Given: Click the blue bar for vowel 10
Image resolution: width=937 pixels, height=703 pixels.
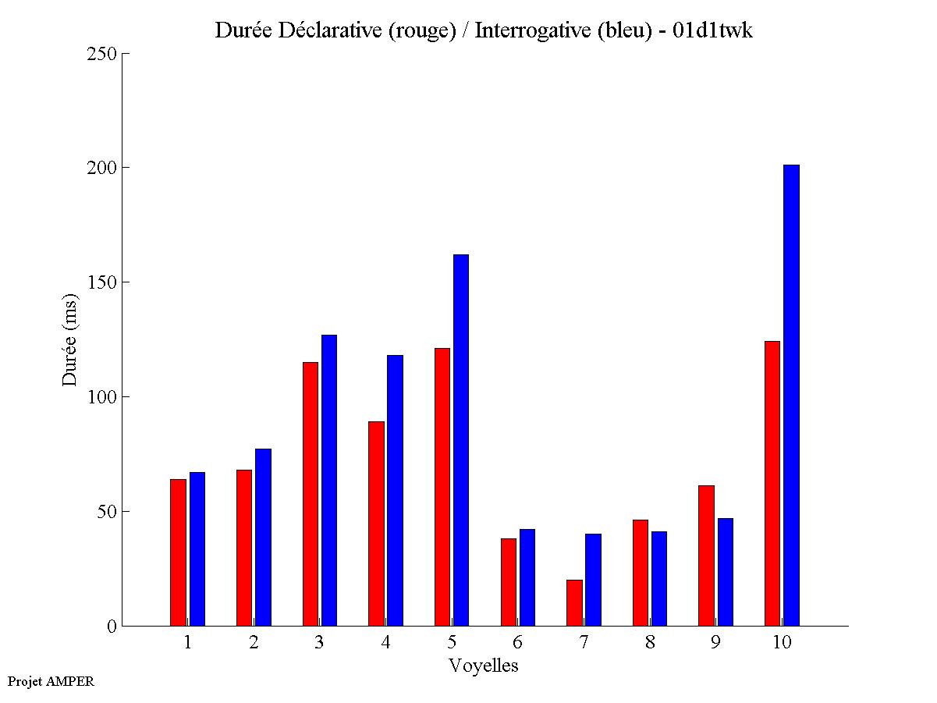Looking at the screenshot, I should (x=791, y=395).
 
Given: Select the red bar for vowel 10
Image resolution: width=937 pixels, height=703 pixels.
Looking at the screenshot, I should (x=772, y=483).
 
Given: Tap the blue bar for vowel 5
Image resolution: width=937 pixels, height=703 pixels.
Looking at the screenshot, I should (x=461, y=440).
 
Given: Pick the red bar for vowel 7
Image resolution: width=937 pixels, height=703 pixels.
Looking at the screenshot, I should (x=574, y=602).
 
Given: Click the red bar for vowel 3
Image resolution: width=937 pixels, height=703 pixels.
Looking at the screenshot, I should (x=310, y=494).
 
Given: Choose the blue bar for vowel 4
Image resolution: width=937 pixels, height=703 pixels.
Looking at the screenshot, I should (x=395, y=490).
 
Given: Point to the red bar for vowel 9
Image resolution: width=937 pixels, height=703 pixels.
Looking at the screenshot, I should (x=706, y=556).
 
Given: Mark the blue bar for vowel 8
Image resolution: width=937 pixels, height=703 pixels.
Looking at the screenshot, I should (x=659, y=578).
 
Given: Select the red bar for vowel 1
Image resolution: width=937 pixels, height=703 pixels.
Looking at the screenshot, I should (x=178, y=552).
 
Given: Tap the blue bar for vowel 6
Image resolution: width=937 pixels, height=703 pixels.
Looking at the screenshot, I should (x=527, y=577).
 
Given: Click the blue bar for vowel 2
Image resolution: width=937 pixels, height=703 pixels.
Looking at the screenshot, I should (x=263, y=537).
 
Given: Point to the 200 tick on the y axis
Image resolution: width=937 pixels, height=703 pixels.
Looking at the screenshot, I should (x=124, y=168).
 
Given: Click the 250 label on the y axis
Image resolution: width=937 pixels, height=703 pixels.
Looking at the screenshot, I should (x=102, y=54).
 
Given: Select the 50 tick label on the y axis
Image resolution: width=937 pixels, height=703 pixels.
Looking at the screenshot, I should (x=107, y=512).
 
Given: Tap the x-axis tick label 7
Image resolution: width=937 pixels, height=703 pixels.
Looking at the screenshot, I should (x=584, y=642).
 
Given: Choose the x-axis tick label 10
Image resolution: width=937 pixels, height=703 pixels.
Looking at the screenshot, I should (x=782, y=642).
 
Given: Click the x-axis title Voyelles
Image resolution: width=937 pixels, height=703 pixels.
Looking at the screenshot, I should (x=484, y=666).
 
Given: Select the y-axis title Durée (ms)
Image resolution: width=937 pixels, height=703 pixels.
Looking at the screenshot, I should (x=70, y=339).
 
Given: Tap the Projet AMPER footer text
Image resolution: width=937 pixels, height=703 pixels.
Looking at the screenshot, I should (x=51, y=681).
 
